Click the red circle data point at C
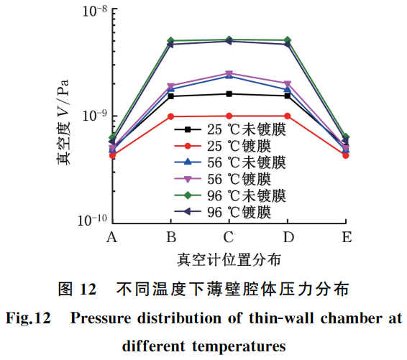[229, 116]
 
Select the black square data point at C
[229, 94]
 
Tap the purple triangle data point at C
[229, 73]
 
